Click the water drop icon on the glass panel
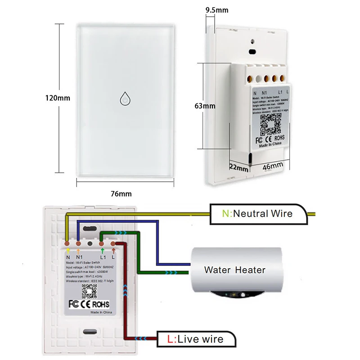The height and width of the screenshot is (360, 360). pos(125,98)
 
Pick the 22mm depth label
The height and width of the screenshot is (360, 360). pos(238,168)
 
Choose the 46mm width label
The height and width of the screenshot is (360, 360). pos(273,166)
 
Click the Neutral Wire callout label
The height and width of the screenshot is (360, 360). pos(257,213)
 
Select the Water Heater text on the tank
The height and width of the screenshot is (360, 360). pos(234,270)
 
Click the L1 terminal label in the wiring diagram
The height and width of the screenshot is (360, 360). pos(103,256)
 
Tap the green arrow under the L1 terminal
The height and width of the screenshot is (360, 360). pos(103,250)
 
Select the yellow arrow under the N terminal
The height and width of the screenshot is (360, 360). pos(67,250)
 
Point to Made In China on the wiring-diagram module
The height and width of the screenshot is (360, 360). pos(102,311)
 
